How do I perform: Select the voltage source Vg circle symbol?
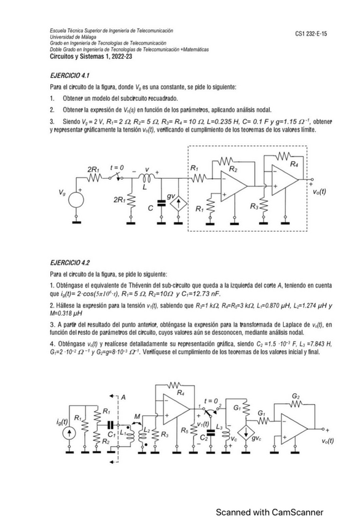[x=77, y=199]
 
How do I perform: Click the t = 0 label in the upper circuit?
[x=115, y=168]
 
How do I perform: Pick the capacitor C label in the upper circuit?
[x=150, y=209]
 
